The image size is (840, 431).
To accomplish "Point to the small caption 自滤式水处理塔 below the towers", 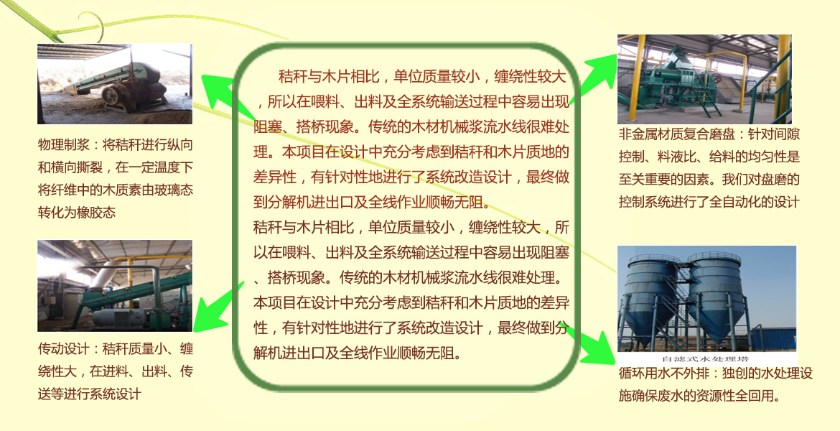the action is point(706,358).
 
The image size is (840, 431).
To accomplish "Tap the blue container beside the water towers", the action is point(773,339).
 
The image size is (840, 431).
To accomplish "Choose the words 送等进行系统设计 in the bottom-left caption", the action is point(90,394).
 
